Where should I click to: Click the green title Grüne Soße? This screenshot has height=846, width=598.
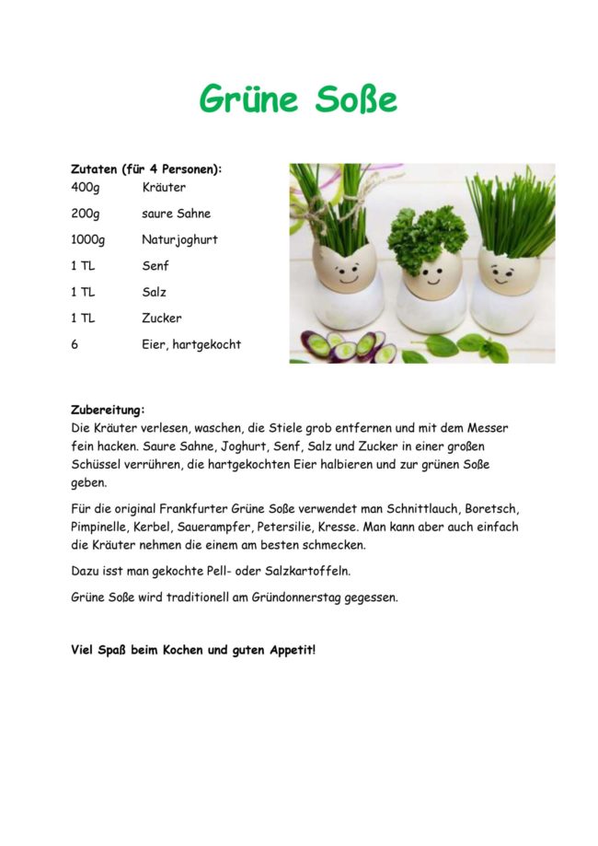coord(298,99)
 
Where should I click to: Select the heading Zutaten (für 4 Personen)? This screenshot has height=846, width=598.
coord(146,169)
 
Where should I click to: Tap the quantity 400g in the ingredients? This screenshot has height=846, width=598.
coord(85,188)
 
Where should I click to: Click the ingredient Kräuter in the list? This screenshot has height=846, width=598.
coord(164,188)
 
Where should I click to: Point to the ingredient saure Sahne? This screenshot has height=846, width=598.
coord(176,214)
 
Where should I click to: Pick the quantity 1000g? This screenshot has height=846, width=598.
coord(88,240)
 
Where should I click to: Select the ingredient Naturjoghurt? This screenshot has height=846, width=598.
coord(179,240)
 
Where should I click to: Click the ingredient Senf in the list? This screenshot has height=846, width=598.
coord(155,266)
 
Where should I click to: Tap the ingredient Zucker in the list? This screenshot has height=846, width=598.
coord(162,319)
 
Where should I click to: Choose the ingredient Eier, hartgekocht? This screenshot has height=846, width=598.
coord(191,344)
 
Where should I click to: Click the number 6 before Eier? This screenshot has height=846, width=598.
coord(75,344)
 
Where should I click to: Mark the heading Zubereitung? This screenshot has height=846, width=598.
coord(108,410)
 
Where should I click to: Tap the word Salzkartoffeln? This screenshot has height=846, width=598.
coord(305,571)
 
